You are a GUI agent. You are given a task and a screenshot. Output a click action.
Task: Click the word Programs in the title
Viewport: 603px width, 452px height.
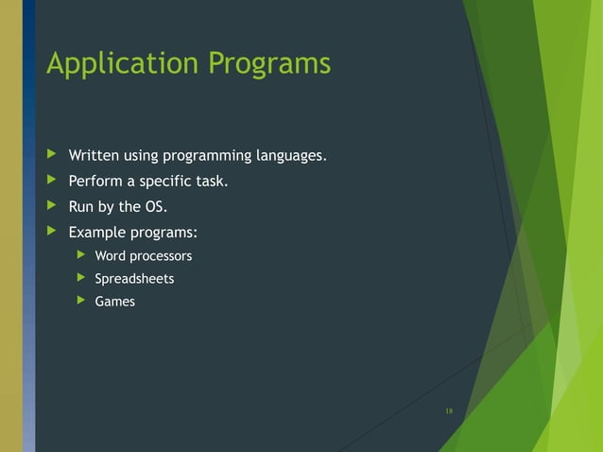tap(270, 63)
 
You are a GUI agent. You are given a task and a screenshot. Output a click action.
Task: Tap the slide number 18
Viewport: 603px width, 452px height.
tap(449, 410)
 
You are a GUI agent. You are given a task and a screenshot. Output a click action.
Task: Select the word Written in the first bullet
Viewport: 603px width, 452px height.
tap(93, 155)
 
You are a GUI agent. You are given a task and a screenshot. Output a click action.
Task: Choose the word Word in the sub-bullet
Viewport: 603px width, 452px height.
tap(111, 256)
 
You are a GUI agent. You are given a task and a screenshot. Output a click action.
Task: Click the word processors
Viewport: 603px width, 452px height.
tap(161, 256)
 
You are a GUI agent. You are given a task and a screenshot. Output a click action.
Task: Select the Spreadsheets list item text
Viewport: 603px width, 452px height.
tap(134, 279)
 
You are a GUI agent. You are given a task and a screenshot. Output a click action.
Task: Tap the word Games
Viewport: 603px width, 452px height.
tap(114, 302)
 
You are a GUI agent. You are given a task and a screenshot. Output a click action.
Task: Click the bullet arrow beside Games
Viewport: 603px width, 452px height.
tap(81, 302)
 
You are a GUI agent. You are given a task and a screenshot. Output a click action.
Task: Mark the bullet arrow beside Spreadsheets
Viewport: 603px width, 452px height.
tap(81, 279)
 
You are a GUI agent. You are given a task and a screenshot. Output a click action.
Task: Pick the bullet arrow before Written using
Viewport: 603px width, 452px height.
tap(51, 155)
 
